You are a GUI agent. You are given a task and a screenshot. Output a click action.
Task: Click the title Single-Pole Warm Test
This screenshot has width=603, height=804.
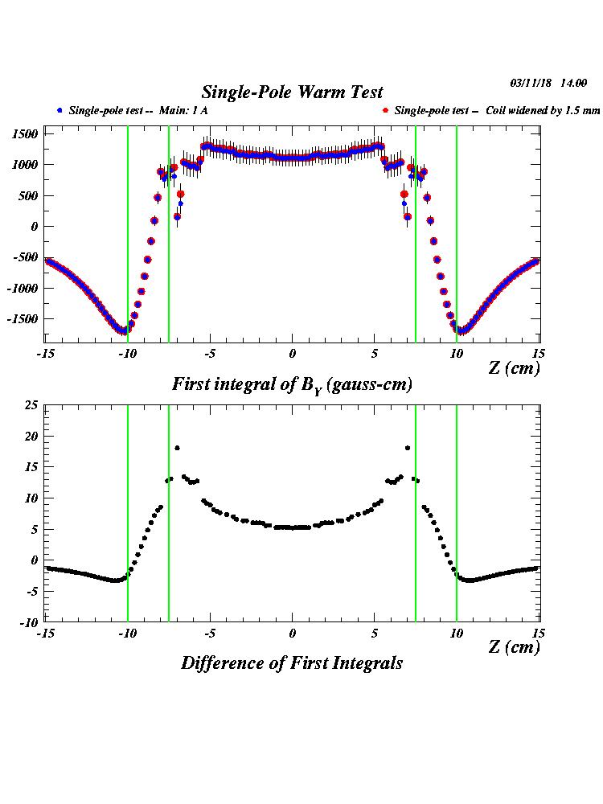click(292, 92)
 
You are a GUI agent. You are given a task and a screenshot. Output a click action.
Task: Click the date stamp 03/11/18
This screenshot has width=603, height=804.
click(529, 83)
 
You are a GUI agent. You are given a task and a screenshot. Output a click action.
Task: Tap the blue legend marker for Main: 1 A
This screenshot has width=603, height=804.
click(59, 110)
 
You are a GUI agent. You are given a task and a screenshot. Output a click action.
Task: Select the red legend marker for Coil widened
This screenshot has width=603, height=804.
click(386, 110)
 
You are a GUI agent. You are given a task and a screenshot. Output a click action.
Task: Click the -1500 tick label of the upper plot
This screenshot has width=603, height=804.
click(23, 319)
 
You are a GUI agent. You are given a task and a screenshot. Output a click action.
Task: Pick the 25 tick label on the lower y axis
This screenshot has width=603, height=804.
click(30, 405)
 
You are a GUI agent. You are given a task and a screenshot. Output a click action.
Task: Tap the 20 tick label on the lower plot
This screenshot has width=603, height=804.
click(30, 436)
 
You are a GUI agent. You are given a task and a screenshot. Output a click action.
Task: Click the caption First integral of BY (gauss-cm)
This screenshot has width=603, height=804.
click(292, 385)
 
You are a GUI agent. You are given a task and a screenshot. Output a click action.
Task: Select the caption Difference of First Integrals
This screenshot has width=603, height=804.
click(292, 663)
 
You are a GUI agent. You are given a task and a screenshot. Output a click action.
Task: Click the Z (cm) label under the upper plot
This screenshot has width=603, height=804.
click(514, 368)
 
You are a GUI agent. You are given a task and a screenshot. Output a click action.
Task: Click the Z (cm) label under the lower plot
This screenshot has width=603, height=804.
click(514, 647)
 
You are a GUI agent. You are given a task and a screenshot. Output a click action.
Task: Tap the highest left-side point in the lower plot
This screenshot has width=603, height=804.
click(177, 448)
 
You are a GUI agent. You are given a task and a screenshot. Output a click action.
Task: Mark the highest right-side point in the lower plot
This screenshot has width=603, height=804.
click(408, 448)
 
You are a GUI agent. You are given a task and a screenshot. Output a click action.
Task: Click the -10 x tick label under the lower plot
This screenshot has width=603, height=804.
click(126, 633)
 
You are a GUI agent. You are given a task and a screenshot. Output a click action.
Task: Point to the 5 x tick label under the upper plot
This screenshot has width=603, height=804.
click(375, 355)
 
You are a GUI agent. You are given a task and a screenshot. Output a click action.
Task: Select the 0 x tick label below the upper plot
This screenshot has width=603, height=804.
click(293, 355)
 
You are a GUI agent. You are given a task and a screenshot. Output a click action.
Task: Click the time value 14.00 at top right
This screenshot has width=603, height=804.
click(574, 83)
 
